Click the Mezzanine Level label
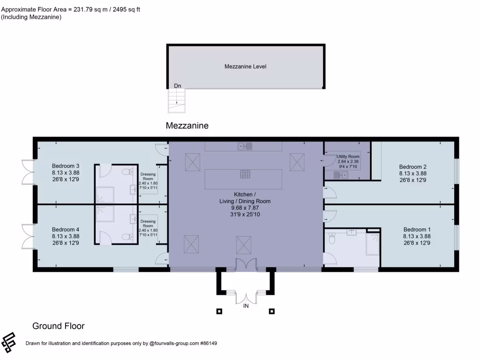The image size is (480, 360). [245, 67]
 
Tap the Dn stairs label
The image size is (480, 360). [178, 86]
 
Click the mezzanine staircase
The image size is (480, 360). [177, 101]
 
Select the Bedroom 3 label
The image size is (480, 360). [66, 166]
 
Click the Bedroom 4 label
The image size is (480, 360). [66, 229]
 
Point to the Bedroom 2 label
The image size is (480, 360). [412, 166]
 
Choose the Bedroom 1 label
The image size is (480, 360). [417, 230]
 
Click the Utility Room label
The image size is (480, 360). [348, 156]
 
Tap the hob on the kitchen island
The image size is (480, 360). [246, 174]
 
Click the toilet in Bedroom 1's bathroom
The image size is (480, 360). [332, 239]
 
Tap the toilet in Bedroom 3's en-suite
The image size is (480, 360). [125, 172]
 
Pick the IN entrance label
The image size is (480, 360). [246, 306]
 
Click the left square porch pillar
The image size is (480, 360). [219, 311]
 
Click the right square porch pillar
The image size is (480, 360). [272, 311]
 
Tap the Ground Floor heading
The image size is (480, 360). [58, 326]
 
